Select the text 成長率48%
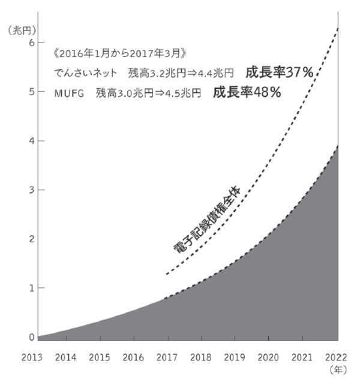(247, 93)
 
